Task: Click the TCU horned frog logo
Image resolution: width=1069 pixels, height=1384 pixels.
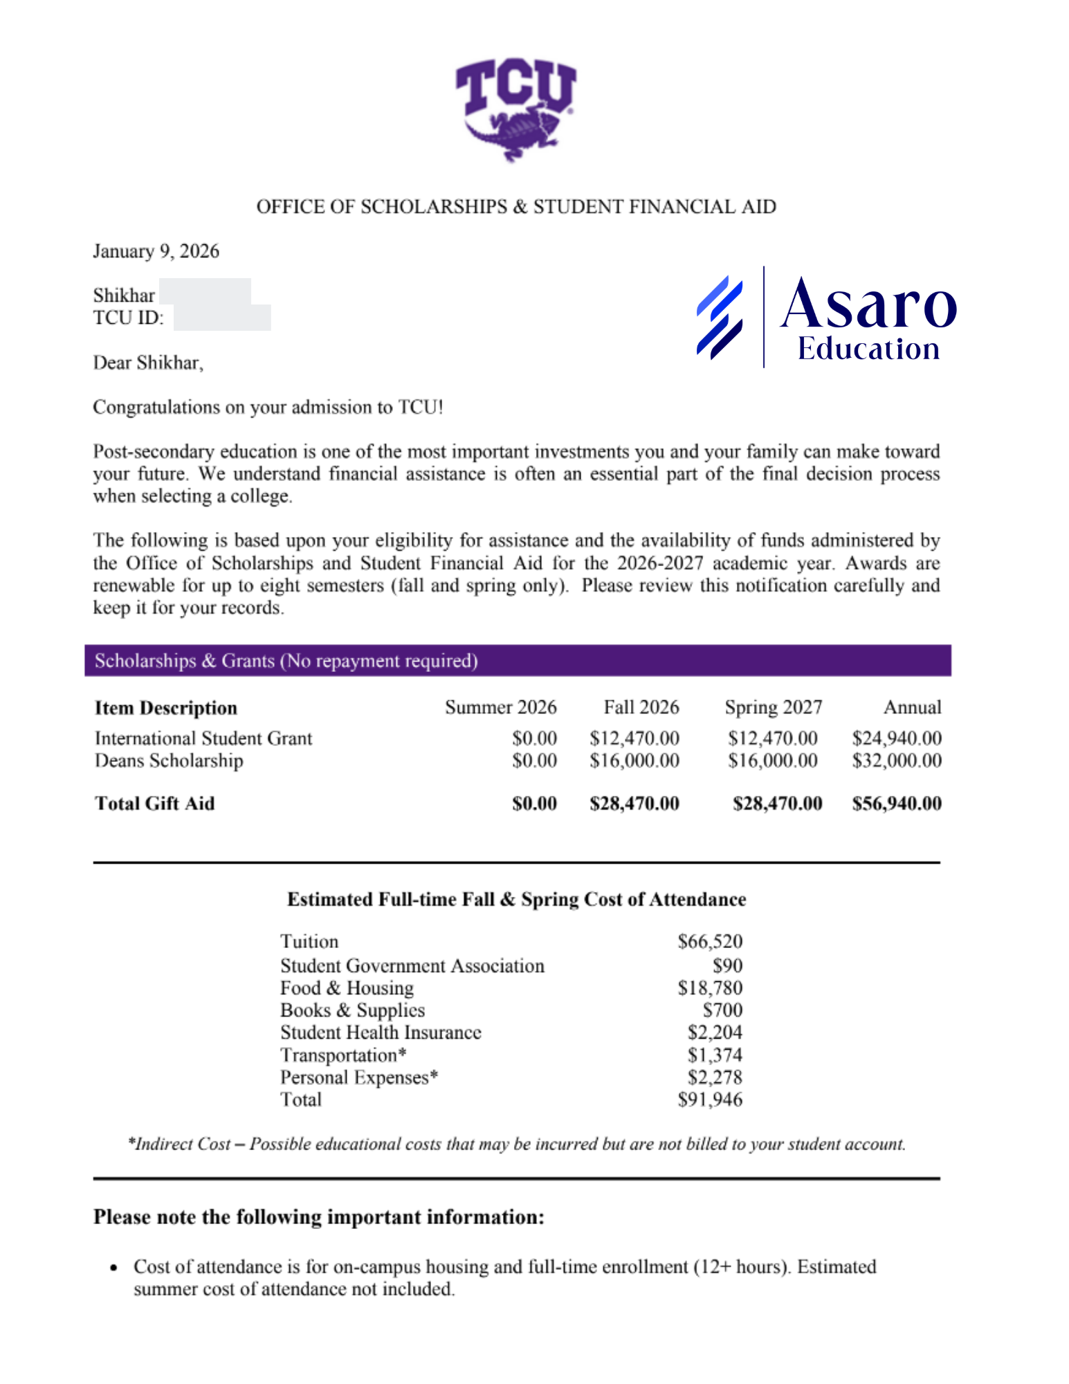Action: pos(515,109)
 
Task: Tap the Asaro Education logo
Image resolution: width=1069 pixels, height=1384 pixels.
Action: pos(826,317)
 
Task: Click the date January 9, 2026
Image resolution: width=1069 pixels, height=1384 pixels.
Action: pos(156,251)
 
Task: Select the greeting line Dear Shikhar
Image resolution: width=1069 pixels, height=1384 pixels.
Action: pos(148,363)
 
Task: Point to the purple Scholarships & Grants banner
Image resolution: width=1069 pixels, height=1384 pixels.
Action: pos(517,660)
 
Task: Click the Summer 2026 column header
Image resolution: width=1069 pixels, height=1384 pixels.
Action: pos(500,707)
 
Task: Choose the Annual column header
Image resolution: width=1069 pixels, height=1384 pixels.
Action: pos(911,707)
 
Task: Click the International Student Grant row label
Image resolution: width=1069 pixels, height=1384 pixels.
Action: pos(203,738)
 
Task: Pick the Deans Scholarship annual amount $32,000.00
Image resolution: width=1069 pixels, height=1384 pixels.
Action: pos(896,761)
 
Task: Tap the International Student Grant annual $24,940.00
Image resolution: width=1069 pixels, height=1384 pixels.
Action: pos(896,738)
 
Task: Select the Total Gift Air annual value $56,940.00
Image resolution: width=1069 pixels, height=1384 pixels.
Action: pos(896,803)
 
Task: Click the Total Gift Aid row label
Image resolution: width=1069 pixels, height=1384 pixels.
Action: pos(154,803)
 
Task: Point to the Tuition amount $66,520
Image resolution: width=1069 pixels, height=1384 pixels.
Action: pos(709,941)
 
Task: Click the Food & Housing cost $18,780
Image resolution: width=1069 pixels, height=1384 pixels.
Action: pos(709,987)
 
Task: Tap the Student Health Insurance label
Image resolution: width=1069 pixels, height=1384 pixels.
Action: pos(381,1032)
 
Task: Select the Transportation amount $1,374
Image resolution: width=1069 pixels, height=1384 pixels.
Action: pos(714,1055)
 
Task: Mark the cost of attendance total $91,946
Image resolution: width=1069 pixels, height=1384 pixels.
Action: pos(709,1100)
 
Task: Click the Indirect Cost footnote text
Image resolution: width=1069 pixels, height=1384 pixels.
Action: pos(516,1144)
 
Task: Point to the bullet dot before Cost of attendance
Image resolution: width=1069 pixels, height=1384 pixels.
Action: pos(114,1268)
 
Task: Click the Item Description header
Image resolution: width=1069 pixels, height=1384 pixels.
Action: pos(166,708)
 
